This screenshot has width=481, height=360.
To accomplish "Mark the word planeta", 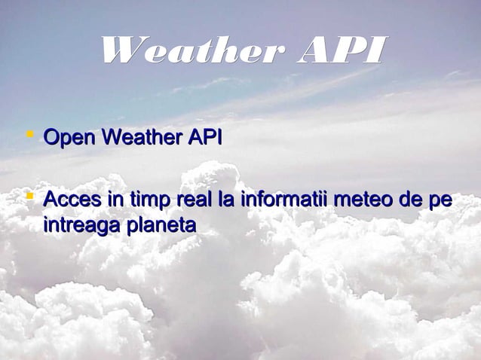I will point(159,225).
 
